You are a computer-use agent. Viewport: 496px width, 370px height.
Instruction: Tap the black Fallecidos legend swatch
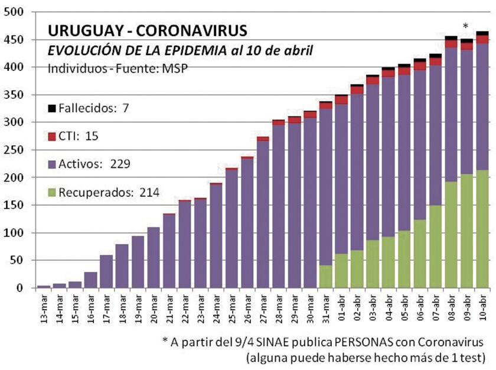click(x=52, y=109)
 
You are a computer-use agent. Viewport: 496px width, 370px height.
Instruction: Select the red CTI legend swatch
click(x=52, y=137)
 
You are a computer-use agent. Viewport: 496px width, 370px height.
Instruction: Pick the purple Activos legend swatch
click(x=52, y=164)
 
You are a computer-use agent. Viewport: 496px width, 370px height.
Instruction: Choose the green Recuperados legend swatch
click(x=52, y=192)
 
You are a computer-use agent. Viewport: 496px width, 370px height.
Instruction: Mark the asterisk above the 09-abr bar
click(x=465, y=26)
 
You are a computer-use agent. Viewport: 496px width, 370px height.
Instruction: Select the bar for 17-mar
click(x=106, y=271)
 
